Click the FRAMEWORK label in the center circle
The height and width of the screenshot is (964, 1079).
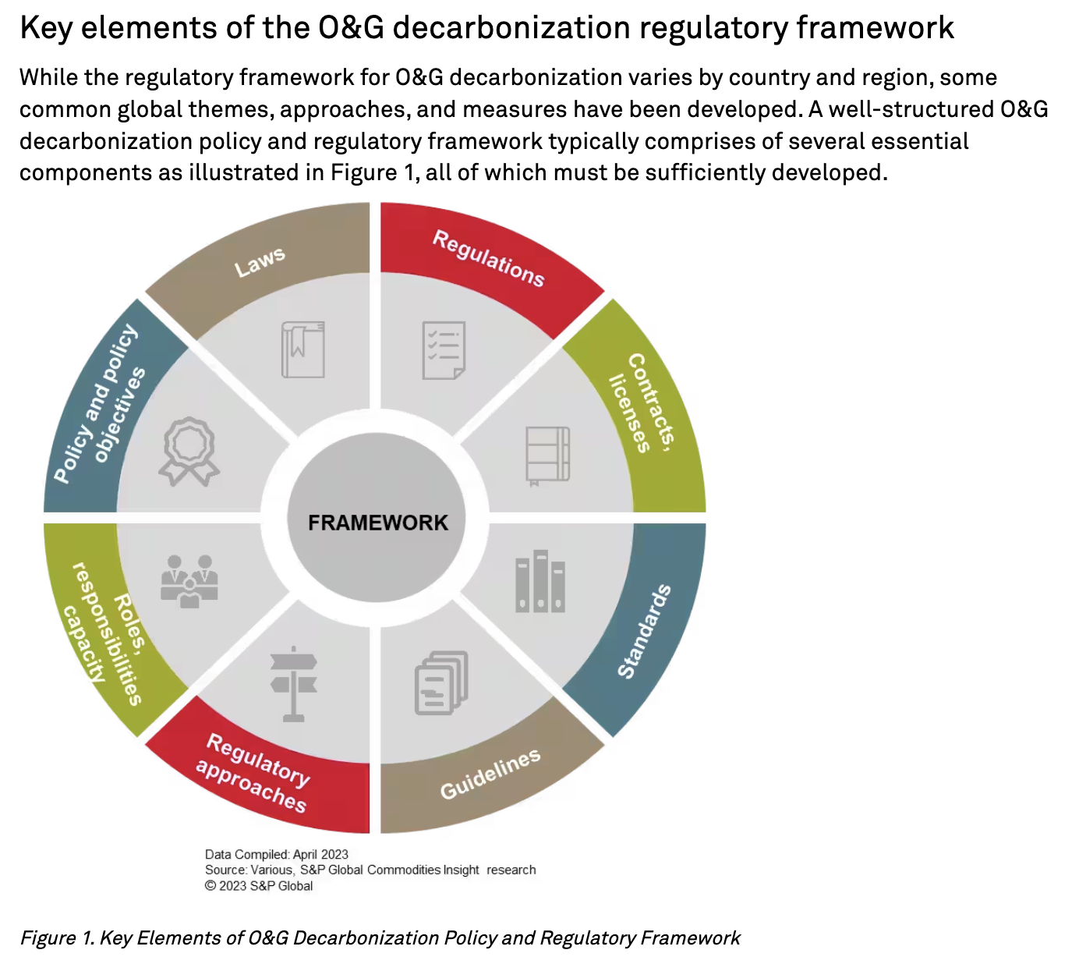tap(378, 523)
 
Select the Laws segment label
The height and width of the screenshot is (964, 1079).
tap(260, 262)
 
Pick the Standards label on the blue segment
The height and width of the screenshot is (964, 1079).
tap(644, 631)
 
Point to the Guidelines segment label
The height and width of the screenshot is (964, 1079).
tap(490, 774)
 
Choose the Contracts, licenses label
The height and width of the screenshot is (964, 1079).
tap(642, 402)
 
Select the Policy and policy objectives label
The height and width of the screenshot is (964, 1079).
tap(100, 405)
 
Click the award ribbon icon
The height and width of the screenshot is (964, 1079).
tap(189, 452)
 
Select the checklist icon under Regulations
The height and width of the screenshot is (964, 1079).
tap(444, 350)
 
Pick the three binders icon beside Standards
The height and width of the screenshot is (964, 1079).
tap(540, 581)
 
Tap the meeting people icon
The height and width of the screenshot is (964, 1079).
tap(189, 581)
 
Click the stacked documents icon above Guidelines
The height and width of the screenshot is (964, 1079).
tap(441, 683)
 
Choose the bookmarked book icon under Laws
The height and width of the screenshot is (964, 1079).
tap(303, 349)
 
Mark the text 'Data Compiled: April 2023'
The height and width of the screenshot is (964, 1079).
tap(277, 854)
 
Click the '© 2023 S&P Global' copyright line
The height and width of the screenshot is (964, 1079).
tap(259, 886)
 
